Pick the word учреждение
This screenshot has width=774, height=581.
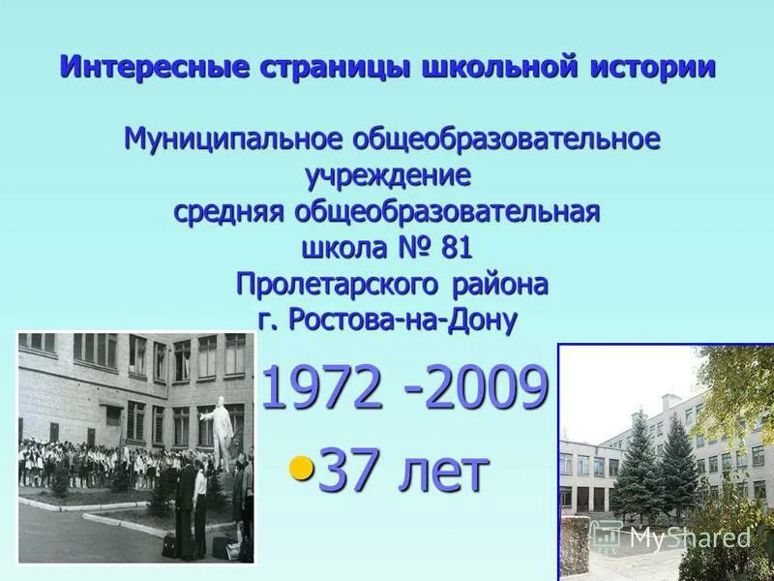[388, 175]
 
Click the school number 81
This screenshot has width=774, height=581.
[456, 248]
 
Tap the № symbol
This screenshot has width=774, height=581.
[414, 248]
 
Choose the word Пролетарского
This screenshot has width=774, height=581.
[339, 285]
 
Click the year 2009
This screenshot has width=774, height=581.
[485, 389]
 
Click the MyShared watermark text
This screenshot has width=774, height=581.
[688, 537]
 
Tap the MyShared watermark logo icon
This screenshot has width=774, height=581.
[606, 535]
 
